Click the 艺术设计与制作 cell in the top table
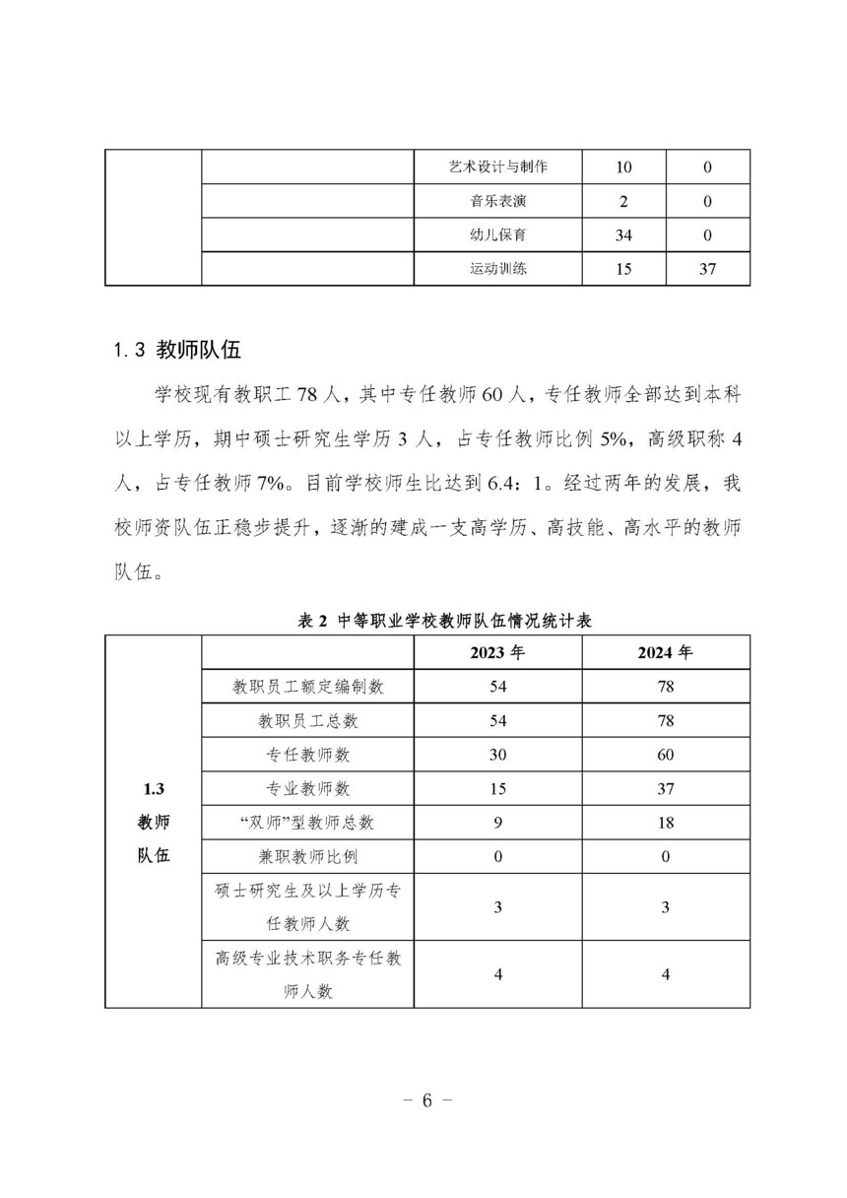[497, 166]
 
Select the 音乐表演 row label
[497, 201]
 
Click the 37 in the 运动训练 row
[707, 269]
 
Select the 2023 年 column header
[497, 653]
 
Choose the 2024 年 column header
[666, 653]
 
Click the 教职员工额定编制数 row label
[307, 687]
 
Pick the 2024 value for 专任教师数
[666, 755]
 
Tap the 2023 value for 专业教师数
[497, 788]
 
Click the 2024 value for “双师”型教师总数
[666, 822]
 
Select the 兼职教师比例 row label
[307, 855]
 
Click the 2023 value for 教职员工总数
[497, 720]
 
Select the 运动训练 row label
[497, 269]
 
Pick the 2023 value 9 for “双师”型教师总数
[497, 822]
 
